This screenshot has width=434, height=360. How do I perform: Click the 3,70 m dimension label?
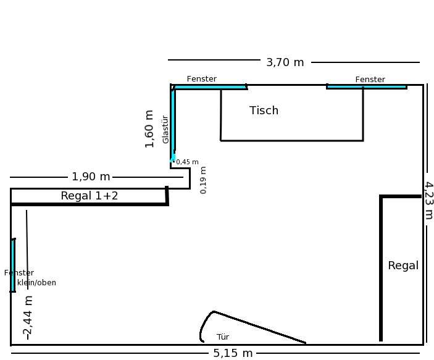click(x=285, y=62)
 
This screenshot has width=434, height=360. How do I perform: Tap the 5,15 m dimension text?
click(x=233, y=353)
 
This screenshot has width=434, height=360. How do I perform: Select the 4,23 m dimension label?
click(x=428, y=201)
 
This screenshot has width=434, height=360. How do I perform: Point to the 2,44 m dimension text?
click(x=28, y=317)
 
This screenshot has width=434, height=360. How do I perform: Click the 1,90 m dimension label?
click(x=91, y=177)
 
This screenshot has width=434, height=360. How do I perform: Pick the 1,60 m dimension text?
click(x=149, y=129)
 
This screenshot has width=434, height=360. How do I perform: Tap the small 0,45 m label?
click(x=188, y=162)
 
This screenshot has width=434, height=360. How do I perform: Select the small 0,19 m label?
click(x=203, y=180)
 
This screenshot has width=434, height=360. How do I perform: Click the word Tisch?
click(x=264, y=110)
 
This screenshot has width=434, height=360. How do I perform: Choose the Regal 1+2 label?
click(x=90, y=196)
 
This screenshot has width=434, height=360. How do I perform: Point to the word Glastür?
click(x=165, y=130)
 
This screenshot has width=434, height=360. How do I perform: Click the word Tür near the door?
click(x=223, y=337)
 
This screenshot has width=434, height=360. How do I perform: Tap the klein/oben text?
click(x=36, y=283)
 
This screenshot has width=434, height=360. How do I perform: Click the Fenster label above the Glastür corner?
click(x=201, y=79)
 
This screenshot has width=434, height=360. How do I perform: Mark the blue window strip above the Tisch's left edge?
click(x=210, y=87)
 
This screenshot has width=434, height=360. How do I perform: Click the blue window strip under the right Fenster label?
click(x=367, y=87)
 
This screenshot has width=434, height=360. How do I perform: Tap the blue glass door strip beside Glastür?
click(x=173, y=124)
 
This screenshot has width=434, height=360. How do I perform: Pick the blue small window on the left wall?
click(x=13, y=266)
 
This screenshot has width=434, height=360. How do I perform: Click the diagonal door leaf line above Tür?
click(x=260, y=327)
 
